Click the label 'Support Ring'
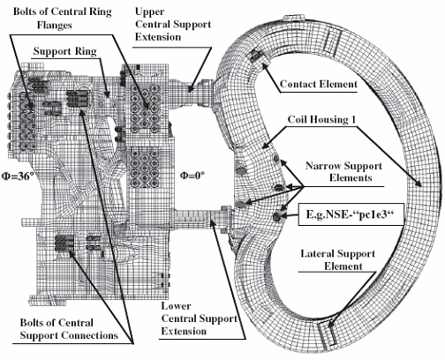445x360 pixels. (64, 51)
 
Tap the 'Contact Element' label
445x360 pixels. (319, 84)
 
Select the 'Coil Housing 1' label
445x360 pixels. (321, 119)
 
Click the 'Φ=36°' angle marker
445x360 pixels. (18, 176)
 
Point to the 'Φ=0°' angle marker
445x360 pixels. (192, 176)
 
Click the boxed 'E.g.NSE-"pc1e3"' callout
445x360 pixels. (351, 214)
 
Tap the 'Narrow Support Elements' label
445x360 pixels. (343, 172)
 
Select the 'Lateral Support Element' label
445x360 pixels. (337, 260)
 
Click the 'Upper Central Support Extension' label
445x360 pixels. (173, 25)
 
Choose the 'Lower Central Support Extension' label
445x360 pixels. (199, 319)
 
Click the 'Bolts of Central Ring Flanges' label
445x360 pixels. (63, 19)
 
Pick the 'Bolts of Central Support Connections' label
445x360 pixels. (69, 329)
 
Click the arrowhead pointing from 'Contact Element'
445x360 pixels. (264, 65)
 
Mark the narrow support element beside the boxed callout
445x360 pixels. (276, 217)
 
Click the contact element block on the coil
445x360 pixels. (255, 55)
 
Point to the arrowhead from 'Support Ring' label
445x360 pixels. (108, 94)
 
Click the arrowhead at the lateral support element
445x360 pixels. (330, 324)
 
